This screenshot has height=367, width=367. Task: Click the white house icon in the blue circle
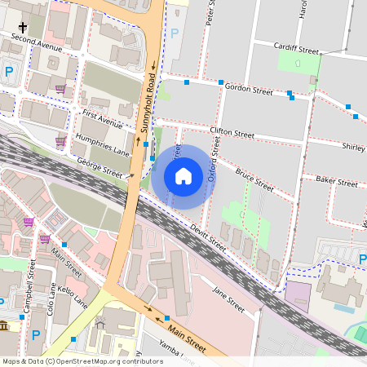coord(183,176)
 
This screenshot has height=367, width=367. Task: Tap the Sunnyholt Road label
coord(148,101)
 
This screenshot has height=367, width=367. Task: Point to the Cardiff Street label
coord(296,49)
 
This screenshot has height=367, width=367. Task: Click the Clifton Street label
coord(232,132)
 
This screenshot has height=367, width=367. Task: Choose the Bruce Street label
coord(254,179)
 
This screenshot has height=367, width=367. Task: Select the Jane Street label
coord(228,299)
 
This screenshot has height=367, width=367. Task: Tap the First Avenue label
coord(102,118)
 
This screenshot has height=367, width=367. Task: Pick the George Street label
coord(101,169)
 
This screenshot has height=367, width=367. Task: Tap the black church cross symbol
coord(23,27)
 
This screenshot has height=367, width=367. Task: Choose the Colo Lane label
coord(51,300)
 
